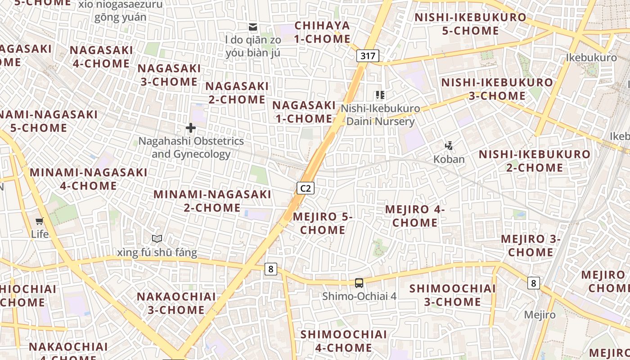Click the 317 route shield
[368, 56]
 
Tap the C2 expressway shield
[305, 188]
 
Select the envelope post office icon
[253, 27]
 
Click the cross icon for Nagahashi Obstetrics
[191, 128]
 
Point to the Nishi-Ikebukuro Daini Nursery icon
[380, 95]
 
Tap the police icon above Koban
[449, 145]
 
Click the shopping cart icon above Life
[40, 221]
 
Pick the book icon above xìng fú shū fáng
[157, 238]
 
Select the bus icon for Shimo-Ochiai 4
[359, 283]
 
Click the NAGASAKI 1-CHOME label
[304, 112]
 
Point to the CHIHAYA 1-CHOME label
[322, 32]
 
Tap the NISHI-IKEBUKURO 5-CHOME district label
[470, 24]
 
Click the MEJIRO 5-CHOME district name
[323, 223]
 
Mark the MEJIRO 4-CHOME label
[415, 216]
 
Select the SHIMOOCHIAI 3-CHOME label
[453, 295]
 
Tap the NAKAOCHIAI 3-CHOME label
[176, 303]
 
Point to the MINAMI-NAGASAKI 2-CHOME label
[212, 201]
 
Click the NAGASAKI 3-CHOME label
[169, 75]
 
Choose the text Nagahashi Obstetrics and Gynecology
[191, 148]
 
